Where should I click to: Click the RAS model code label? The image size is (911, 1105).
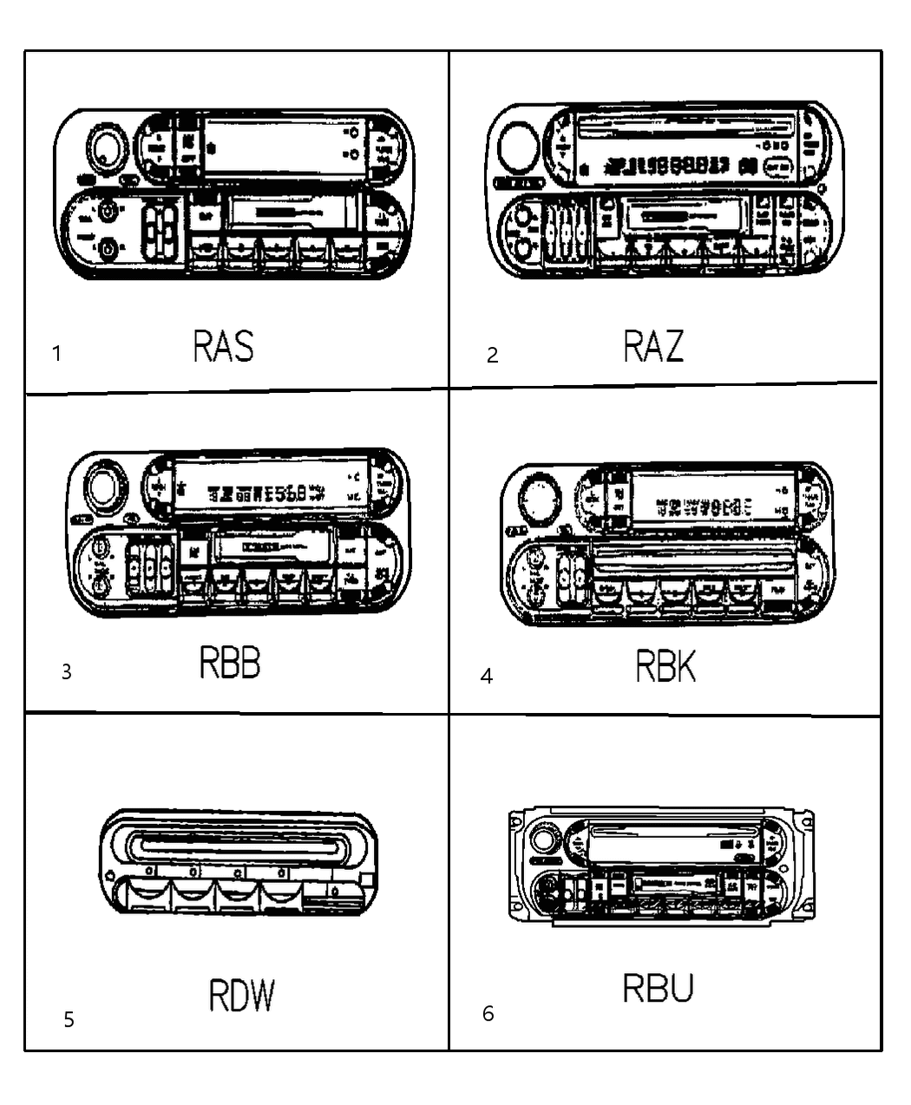coord(223,346)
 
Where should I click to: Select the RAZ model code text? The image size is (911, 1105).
coord(653,346)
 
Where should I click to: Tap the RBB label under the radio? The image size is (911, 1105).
coord(230,664)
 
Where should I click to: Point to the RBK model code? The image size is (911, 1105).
coord(665,667)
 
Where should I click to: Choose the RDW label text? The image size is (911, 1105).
coord(241,996)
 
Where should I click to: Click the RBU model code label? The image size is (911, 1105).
coord(659,988)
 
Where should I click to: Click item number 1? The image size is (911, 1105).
coord(57,354)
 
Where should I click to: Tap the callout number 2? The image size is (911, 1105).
coord(492,355)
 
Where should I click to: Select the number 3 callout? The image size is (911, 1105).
coord(66,672)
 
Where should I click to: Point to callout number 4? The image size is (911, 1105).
coord(487,676)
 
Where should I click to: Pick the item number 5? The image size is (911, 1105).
coord(69,1019)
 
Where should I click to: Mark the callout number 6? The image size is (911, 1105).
coord(488,1013)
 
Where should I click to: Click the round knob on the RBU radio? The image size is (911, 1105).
coord(544,840)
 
